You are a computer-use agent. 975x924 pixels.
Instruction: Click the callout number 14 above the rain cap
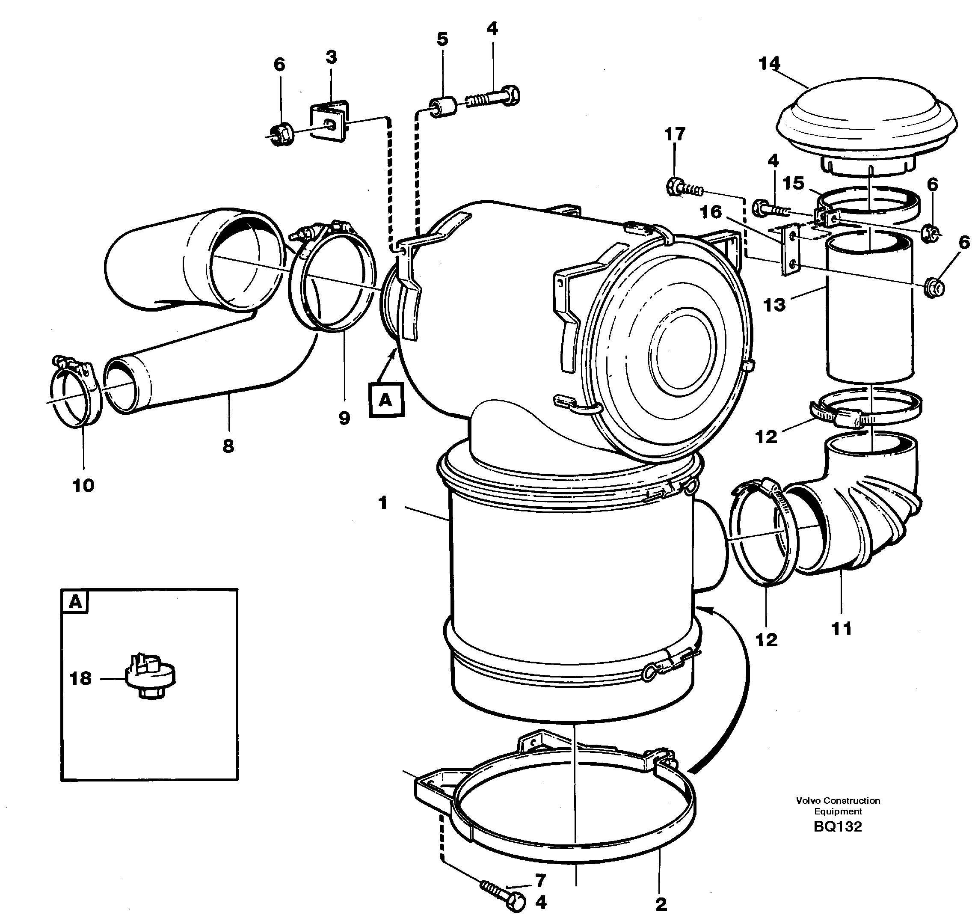click(x=769, y=63)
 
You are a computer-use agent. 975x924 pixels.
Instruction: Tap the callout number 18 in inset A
click(x=81, y=679)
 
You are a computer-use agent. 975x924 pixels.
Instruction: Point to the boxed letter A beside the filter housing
click(x=386, y=399)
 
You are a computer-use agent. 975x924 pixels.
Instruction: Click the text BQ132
click(x=838, y=826)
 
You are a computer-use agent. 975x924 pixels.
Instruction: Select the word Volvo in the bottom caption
click(x=809, y=800)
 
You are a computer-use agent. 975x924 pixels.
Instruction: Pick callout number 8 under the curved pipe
click(x=228, y=446)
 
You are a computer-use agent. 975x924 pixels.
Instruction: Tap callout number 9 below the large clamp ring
click(x=344, y=418)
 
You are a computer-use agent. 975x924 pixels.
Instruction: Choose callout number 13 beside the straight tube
click(x=774, y=305)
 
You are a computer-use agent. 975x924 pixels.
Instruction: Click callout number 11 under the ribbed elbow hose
click(x=841, y=628)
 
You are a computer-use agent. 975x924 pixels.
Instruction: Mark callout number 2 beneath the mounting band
click(x=661, y=904)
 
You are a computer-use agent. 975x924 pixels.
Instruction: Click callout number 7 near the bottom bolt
click(x=540, y=879)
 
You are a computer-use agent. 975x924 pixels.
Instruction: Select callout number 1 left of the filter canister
click(x=382, y=503)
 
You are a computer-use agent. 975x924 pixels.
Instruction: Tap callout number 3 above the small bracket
click(x=332, y=57)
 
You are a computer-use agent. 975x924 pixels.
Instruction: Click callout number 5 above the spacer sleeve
click(x=442, y=39)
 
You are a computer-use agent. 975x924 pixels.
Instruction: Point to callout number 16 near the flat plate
click(x=711, y=212)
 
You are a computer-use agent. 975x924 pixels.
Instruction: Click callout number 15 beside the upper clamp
click(x=793, y=183)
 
